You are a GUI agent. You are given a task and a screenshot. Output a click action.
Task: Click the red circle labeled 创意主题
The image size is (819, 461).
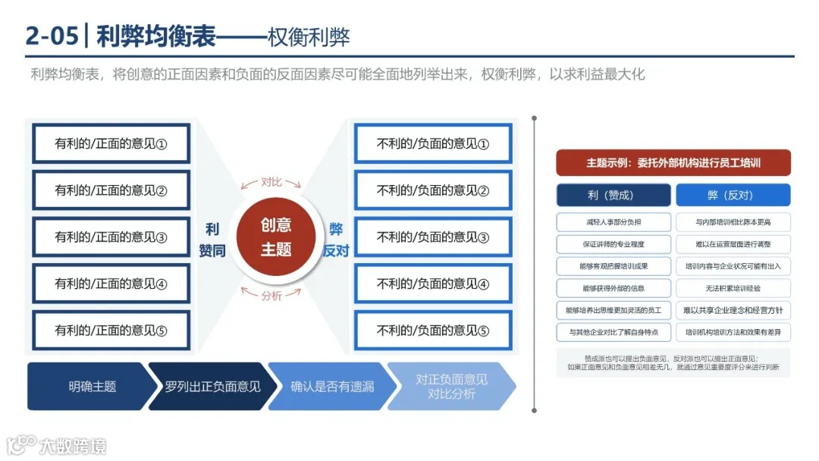pos(275,237)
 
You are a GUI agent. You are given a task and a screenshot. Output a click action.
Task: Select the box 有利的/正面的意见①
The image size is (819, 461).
pos(111,143)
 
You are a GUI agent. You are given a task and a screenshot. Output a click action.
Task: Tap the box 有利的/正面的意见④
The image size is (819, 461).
pos(111,284)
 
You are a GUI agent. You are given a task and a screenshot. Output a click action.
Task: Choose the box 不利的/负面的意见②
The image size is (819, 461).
pos(433,190)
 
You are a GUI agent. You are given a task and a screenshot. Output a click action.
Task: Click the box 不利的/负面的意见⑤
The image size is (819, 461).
pos(433,331)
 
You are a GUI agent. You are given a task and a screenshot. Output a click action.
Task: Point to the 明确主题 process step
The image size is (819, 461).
pos(87,387)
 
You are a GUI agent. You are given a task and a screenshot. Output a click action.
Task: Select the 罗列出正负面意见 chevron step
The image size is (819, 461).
pos(209,387)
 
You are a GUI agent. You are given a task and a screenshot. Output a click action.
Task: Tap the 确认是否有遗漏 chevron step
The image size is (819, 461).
pos(332,387)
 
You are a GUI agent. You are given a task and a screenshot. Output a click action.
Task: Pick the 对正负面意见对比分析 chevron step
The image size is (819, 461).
pos(451,387)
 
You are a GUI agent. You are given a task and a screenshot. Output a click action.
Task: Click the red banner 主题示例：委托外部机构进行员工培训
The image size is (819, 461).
pos(673,162)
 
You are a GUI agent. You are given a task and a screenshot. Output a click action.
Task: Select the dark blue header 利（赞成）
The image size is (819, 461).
pos(613,195)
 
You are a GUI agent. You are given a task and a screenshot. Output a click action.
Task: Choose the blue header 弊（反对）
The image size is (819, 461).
pos(733,195)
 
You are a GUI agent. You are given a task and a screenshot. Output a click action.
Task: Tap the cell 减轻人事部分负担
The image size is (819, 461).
pos(613,222)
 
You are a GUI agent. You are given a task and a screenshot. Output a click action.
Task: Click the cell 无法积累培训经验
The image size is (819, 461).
pos(733,288)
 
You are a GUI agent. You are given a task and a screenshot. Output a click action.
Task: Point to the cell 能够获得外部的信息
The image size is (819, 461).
pos(613,288)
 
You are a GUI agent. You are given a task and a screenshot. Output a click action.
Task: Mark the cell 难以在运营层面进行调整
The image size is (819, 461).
pos(733,244)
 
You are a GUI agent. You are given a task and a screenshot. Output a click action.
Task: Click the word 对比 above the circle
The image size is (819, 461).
pos(271,182)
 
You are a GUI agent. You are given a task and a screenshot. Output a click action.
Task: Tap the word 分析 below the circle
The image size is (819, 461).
pos(271,296)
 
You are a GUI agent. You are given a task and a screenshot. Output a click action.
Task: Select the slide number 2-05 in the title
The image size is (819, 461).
pos(52,36)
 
